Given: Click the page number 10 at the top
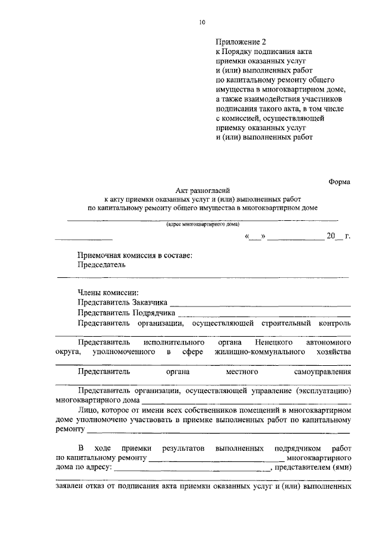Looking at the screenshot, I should (x=202, y=23).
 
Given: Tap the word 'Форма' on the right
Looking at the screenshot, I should (x=339, y=181).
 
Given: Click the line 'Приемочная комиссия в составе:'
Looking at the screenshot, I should (x=135, y=255).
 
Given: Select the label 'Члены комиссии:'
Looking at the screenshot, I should (x=107, y=292).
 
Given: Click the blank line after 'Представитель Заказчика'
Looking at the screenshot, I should (x=259, y=303).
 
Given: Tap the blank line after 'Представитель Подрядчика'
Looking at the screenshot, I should (x=263, y=314).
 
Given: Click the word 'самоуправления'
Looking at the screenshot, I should (x=322, y=372).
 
